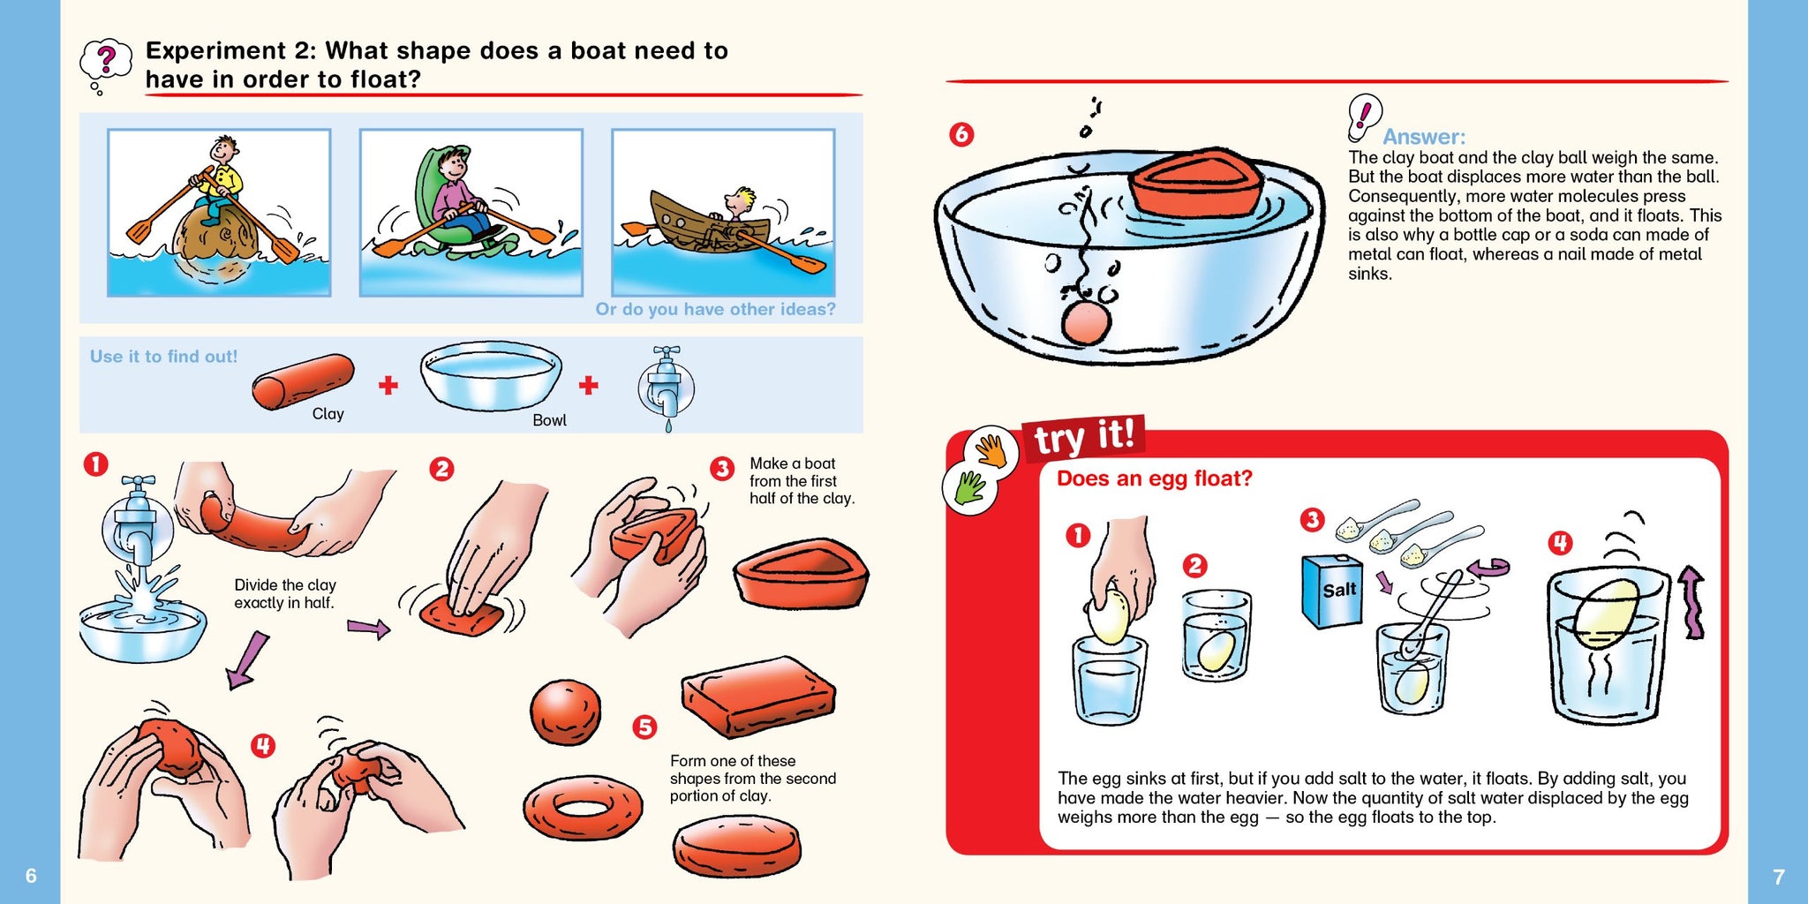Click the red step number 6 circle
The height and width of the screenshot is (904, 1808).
(x=961, y=134)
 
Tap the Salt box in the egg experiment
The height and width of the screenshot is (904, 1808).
(x=1332, y=591)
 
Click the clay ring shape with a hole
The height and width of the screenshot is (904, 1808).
(x=583, y=808)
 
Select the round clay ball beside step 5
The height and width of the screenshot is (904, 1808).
(x=566, y=712)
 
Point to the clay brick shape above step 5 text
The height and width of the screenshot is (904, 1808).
(x=758, y=696)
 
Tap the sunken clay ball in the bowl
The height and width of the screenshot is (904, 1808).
(x=1086, y=321)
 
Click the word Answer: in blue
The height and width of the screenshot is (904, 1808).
(x=1423, y=137)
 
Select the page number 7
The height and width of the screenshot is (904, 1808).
(x=1779, y=877)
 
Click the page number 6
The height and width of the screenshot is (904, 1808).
(x=31, y=876)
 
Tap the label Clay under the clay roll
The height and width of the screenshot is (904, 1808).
(x=328, y=414)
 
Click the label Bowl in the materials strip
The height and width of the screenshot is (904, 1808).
(x=549, y=420)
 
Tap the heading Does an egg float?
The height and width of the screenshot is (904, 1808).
(x=1155, y=478)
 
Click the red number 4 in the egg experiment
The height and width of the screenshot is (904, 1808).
(x=1560, y=542)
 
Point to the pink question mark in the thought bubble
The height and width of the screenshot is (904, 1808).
(x=107, y=59)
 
